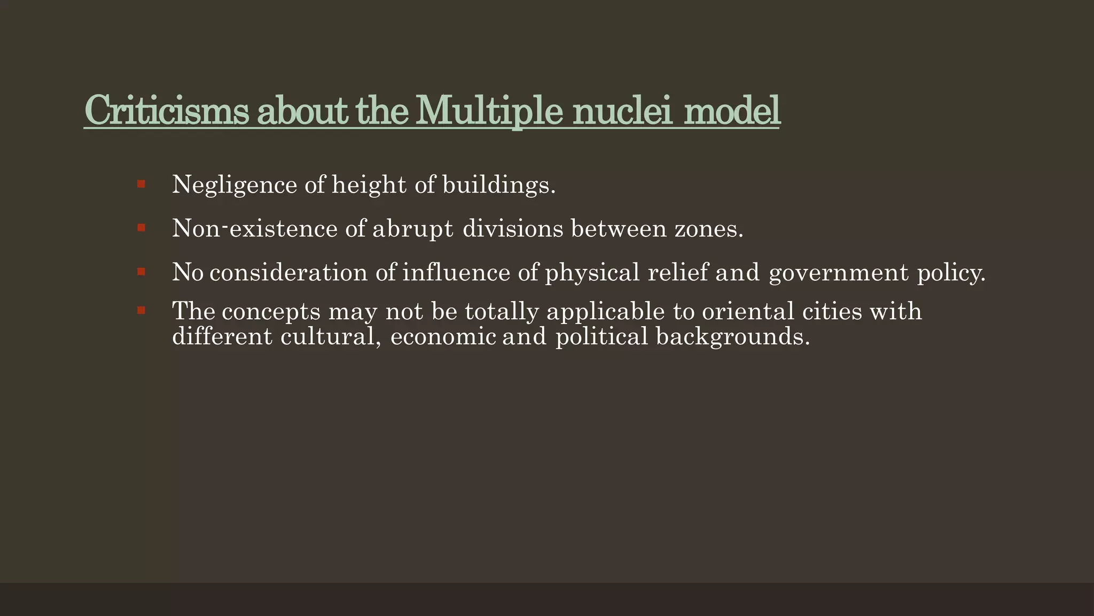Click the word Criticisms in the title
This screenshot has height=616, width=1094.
pos(166,110)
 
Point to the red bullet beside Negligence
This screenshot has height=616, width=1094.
pos(141,184)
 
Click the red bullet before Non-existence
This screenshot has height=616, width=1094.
pos(141,228)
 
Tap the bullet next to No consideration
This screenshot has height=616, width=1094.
pos(141,272)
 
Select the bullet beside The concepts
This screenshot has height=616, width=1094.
pos(141,310)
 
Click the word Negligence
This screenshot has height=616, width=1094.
pos(235,185)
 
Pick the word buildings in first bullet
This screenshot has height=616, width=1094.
pos(498,185)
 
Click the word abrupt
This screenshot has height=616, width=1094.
pos(412,229)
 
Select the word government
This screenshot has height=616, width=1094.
pos(839,273)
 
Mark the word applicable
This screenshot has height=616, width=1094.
pos(606,311)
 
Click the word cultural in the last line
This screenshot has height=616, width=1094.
pos(331,337)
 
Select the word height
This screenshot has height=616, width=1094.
pos(369,185)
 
